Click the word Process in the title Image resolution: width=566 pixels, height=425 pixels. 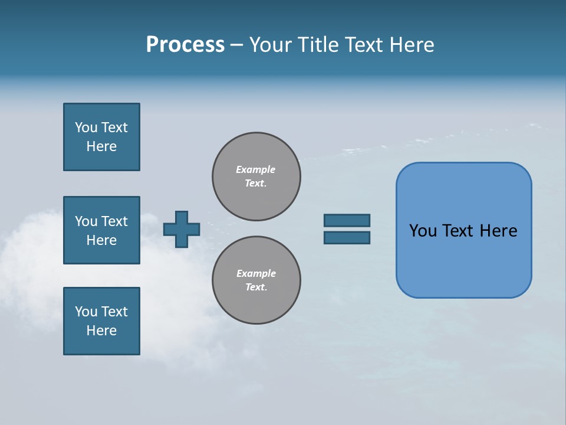[185, 45]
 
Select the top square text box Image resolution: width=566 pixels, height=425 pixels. [101, 137]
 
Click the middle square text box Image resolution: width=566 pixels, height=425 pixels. [101, 230]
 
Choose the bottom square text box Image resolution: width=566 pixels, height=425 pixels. [101, 321]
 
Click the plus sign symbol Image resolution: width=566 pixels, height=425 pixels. [182, 229]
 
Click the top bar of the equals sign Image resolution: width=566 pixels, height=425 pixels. [347, 220]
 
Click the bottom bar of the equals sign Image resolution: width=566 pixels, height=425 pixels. [347, 238]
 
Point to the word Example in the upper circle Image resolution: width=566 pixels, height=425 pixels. [256, 169]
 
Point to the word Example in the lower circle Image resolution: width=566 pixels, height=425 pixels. [256, 273]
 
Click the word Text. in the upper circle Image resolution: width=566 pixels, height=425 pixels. [256, 183]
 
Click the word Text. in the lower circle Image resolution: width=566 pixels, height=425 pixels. [256, 287]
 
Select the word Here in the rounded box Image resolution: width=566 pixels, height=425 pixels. [498, 231]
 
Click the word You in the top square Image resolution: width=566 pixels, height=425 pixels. [85, 127]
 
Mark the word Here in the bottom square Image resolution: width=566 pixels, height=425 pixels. [101, 331]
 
